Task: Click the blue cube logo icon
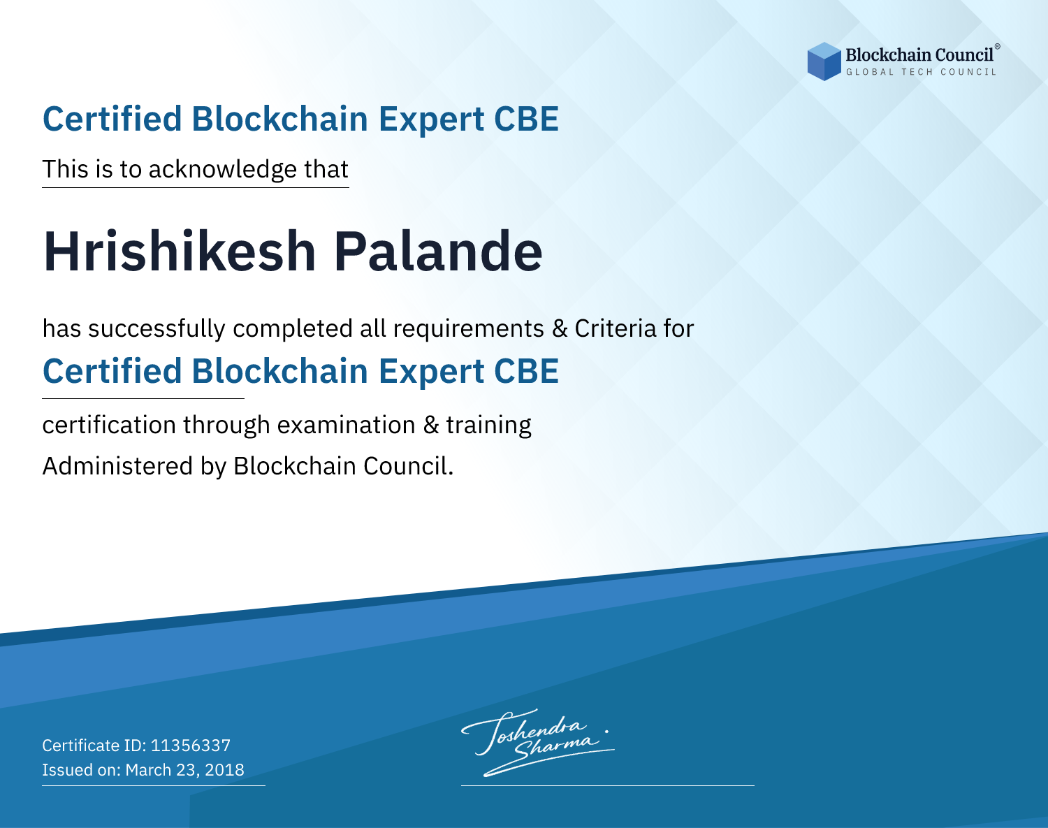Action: click(x=824, y=61)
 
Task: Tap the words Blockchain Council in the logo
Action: click(x=919, y=55)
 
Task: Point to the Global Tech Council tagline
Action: click(x=921, y=72)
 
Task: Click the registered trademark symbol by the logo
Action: click(x=997, y=47)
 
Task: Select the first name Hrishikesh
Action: click(x=180, y=252)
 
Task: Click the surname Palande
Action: click(x=438, y=252)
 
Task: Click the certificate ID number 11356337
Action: click(x=191, y=745)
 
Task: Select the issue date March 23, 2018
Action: click(x=184, y=770)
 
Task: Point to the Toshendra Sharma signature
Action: click(x=537, y=742)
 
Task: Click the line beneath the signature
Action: click(x=607, y=785)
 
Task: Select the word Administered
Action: click(x=118, y=465)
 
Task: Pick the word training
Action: click(x=488, y=426)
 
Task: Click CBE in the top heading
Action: click(x=526, y=119)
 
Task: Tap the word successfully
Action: click(x=157, y=329)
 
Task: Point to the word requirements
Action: click(x=469, y=329)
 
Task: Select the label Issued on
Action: click(x=81, y=770)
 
